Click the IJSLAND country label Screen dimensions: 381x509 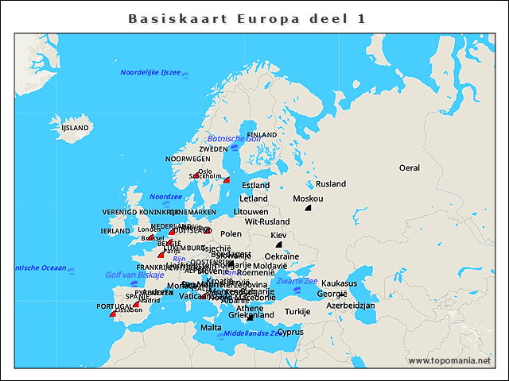pos(76,127)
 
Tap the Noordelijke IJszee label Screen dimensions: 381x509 pos(150,72)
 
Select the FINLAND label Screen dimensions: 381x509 pos(262,135)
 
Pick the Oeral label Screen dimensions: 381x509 pos(410,168)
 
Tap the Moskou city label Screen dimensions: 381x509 pos(308,198)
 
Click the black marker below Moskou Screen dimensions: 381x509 pos(308,208)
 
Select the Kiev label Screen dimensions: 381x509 pos(278,236)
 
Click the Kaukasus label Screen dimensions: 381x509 pos(340,283)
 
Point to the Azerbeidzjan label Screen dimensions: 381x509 pos(351,306)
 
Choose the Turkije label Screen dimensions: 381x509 pos(297,311)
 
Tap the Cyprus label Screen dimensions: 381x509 pos(290,332)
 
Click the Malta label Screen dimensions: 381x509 pos(211,327)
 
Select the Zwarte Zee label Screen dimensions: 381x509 pos(297,281)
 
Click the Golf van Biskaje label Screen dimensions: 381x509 pos(134,275)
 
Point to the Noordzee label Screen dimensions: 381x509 pos(166,196)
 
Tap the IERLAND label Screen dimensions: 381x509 pos(115,231)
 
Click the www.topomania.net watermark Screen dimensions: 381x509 pos(449,360)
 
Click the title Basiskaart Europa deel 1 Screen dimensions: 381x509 pos(247,19)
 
